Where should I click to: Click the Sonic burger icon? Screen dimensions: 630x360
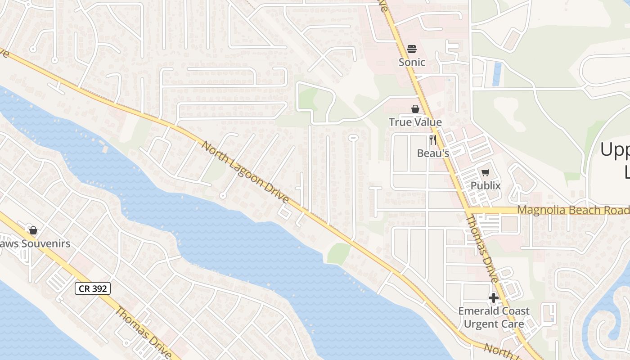[x=412, y=49]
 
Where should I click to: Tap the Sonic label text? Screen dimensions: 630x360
[x=412, y=62]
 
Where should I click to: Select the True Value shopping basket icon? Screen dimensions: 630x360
[x=415, y=109]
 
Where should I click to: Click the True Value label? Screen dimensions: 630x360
[x=415, y=122]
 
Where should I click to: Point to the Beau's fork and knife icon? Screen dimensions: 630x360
[x=433, y=139]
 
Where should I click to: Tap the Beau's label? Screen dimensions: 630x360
[x=433, y=153]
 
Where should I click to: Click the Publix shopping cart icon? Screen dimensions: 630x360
[x=485, y=172]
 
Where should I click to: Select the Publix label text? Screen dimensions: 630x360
[x=486, y=185]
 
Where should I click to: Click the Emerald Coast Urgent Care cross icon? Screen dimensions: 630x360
[x=494, y=297]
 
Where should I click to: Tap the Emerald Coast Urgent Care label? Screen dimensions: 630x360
[x=494, y=317]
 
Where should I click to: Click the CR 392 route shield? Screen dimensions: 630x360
[x=93, y=288]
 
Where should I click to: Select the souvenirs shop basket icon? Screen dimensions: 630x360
[x=33, y=230]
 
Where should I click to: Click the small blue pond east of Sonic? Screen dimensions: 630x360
[x=497, y=74]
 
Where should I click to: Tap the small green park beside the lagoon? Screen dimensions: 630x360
[x=338, y=253]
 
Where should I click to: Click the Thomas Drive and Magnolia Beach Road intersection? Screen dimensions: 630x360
[x=468, y=210]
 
